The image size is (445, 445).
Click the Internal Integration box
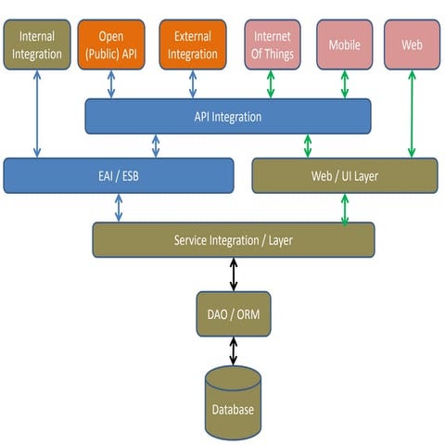(x=37, y=44)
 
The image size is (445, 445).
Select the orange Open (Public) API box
(x=111, y=44)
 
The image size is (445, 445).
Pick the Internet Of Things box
(x=272, y=44)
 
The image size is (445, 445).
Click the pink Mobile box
(x=344, y=44)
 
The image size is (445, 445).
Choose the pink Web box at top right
(x=411, y=44)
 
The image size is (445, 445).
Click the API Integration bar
(x=228, y=117)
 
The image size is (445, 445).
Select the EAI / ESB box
(x=118, y=175)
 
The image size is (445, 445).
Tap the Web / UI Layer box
(x=344, y=175)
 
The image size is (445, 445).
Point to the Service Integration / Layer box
(x=233, y=240)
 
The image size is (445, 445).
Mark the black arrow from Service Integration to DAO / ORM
(x=233, y=274)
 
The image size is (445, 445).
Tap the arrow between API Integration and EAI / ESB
(x=156, y=146)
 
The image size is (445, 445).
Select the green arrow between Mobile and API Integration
(x=344, y=84)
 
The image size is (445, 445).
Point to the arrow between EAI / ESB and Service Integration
(x=119, y=208)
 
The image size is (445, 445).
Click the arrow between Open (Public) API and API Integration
(x=111, y=84)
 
